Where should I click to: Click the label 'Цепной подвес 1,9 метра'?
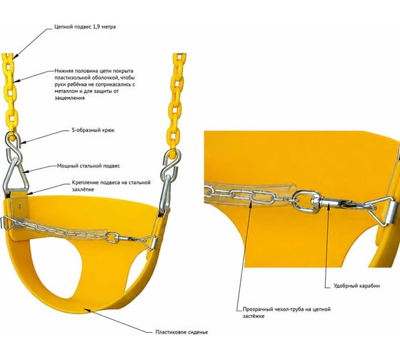point(85,27)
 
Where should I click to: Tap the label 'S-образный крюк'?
point(93,130)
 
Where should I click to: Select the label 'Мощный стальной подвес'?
point(89,166)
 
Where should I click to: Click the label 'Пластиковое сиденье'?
point(181,332)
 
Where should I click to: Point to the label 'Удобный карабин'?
point(356,286)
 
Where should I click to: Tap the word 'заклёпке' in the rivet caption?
point(83,189)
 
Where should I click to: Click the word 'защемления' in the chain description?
point(70,98)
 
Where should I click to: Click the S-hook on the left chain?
point(13,146)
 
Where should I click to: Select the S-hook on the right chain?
point(171,164)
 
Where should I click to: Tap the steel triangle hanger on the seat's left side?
point(15,175)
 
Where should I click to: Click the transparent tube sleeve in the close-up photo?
point(251,193)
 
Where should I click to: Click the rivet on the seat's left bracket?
point(21,206)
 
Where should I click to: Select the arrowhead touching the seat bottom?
point(87,310)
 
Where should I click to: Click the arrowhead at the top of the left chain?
point(14,56)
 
